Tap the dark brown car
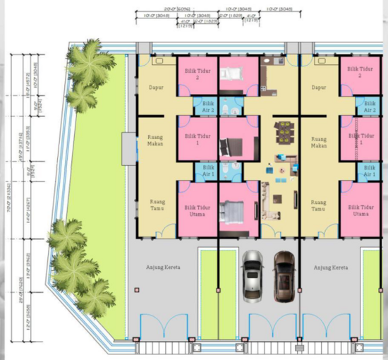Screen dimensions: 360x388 coord(284,275)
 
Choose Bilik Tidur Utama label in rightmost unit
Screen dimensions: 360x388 coord(360,210)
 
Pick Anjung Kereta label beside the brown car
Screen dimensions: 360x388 coord(330,268)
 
